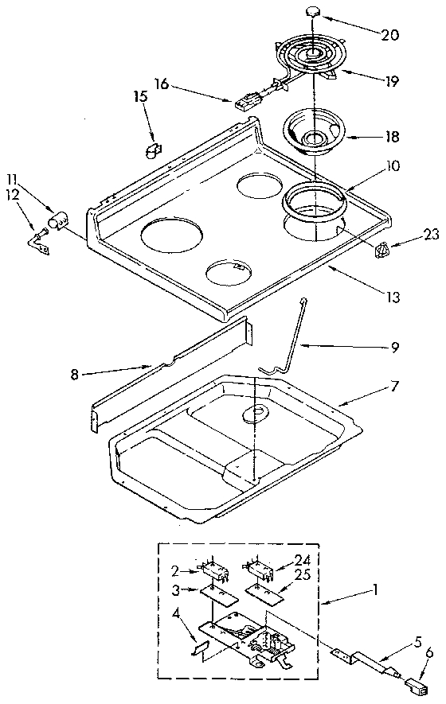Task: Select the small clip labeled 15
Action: click(154, 149)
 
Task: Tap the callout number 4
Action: click(174, 613)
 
